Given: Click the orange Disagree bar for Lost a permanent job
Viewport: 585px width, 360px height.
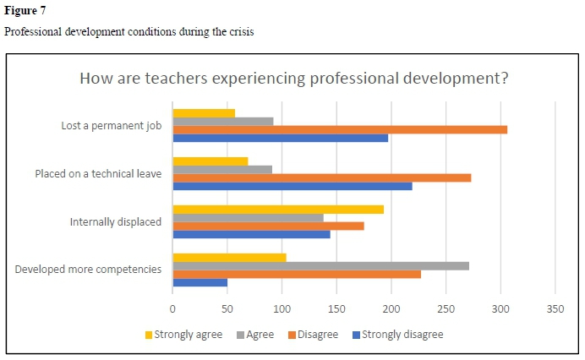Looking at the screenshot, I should coord(340,129).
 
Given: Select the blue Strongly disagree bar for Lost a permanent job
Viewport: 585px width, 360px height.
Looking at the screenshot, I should coord(281,138).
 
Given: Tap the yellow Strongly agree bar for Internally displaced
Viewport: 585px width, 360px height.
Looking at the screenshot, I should coord(278,209).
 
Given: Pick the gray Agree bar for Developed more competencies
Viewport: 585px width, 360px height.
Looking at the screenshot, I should coord(320,265).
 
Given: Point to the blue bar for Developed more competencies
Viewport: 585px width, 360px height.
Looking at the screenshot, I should coord(200,282).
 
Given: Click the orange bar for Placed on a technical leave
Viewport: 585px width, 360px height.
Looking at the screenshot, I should coord(322,177).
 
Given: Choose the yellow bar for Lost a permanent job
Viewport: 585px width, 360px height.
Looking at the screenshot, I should coord(204,112).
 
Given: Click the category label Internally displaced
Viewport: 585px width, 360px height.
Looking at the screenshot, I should coord(115,222).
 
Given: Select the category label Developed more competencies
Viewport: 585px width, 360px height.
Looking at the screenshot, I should coord(89,270).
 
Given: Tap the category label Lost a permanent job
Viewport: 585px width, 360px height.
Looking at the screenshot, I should coord(112,126).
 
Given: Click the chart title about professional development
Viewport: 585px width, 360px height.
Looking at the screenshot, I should coord(293,79).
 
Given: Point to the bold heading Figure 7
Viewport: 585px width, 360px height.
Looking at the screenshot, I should coord(25,12).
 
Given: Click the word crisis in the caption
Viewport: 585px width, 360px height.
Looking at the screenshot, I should coord(238,32).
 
